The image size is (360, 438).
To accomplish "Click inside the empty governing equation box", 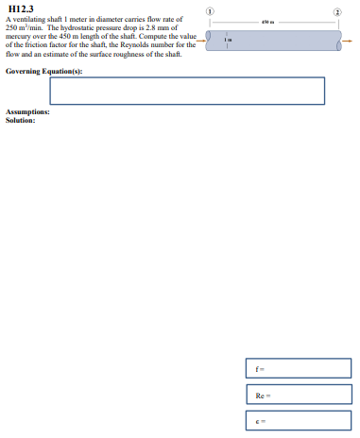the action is point(186,91).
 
